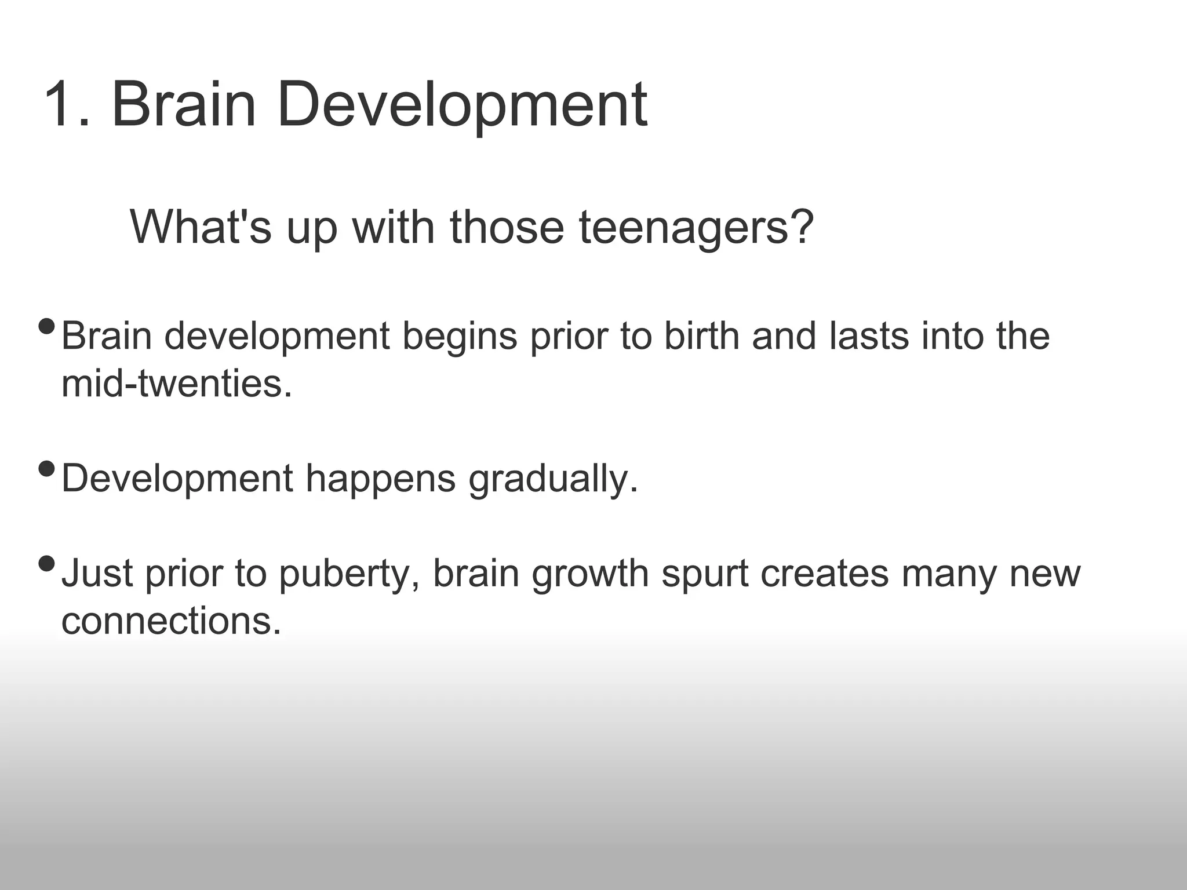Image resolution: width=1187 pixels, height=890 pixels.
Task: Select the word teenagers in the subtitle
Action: (684, 227)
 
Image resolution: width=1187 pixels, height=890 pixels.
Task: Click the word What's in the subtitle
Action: (201, 227)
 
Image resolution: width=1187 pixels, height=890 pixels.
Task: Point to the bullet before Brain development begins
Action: (46, 327)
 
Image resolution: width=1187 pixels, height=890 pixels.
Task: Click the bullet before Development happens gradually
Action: (46, 468)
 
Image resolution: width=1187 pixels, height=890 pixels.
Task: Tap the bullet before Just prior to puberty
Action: (46, 563)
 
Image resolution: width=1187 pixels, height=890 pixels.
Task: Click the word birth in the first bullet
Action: (701, 336)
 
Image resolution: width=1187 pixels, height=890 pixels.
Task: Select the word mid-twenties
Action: (177, 384)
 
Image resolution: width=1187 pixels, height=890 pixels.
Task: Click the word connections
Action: (172, 622)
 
